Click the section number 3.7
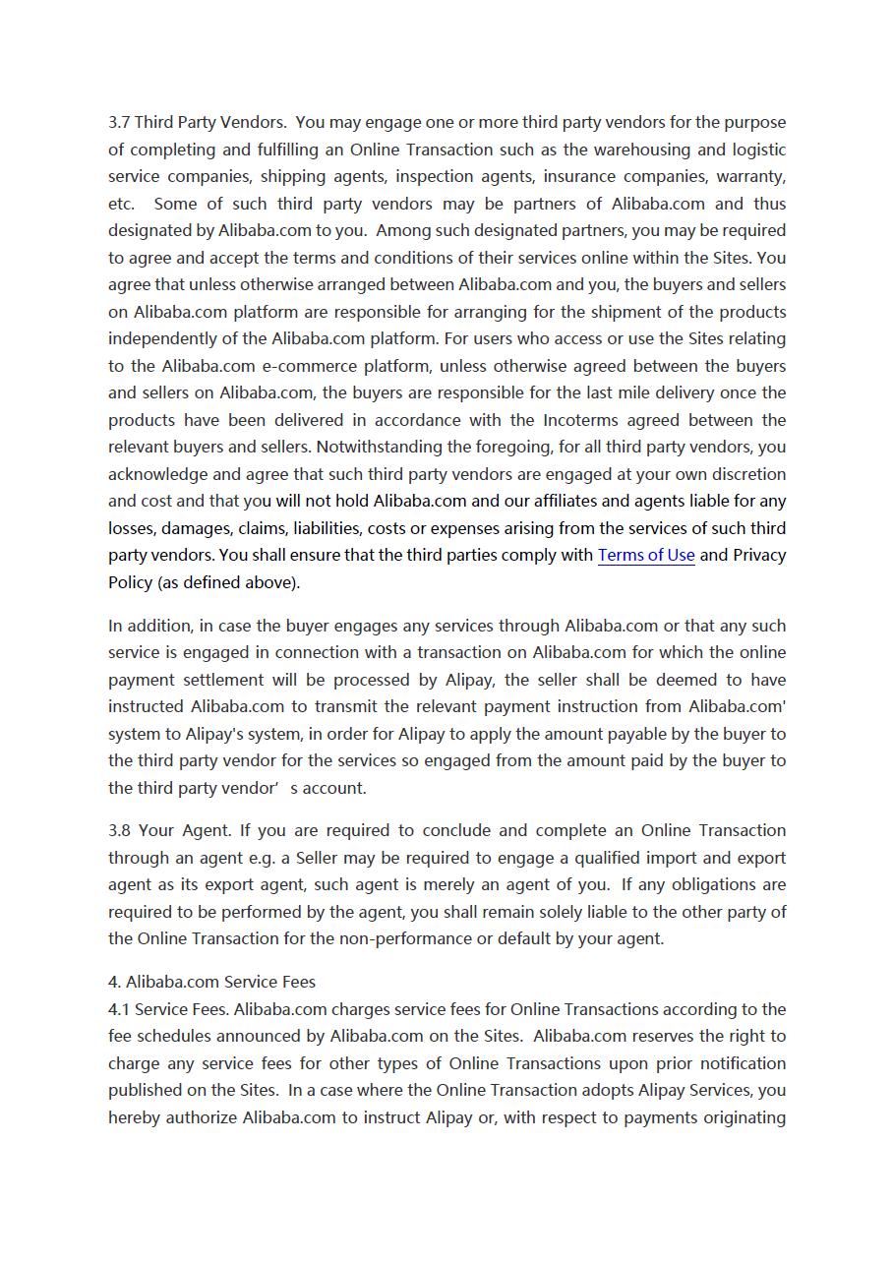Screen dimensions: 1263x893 pos(119,123)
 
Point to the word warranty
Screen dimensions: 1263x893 pos(751,177)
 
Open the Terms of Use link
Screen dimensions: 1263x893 pos(646,555)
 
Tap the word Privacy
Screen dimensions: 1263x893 pos(759,555)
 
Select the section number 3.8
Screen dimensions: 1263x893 pos(120,830)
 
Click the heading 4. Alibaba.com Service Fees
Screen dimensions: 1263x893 pos(211,982)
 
